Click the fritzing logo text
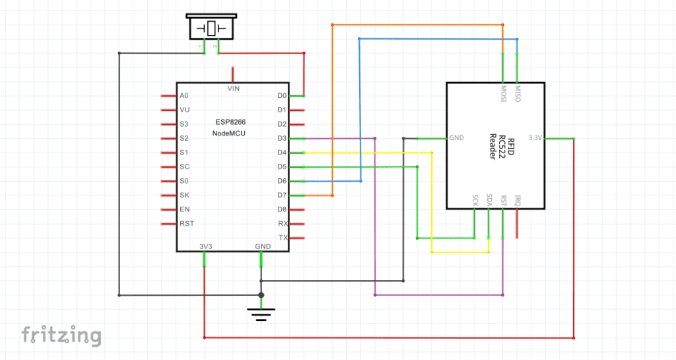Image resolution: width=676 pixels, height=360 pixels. [x=61, y=335]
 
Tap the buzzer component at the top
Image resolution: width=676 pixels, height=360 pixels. [x=211, y=28]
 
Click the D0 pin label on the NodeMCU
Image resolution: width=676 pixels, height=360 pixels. [x=282, y=96]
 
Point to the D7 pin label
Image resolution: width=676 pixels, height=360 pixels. [x=282, y=196]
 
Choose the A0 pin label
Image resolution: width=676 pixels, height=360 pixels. [x=184, y=96]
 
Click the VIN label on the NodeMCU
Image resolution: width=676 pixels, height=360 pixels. [x=233, y=88]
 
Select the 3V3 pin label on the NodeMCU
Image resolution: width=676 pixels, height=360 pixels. [x=205, y=246]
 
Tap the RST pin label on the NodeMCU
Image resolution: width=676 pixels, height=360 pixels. [x=187, y=224]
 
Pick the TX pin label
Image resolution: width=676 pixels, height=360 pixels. [x=283, y=238]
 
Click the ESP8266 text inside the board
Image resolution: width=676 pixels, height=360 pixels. [x=230, y=122]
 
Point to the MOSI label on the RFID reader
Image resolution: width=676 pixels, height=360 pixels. [x=503, y=94]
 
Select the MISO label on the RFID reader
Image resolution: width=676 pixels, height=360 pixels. [x=517, y=94]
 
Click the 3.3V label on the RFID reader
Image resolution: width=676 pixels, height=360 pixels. [x=535, y=138]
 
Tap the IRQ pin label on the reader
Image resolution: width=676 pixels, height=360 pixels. [x=517, y=199]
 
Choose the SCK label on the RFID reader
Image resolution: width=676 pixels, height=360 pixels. [x=475, y=199]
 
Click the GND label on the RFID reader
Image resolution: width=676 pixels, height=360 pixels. [x=456, y=138]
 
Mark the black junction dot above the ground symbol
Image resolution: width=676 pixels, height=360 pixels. [x=261, y=295]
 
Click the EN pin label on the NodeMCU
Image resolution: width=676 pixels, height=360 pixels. [x=184, y=209]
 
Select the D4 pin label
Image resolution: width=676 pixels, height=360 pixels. [x=282, y=153]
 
